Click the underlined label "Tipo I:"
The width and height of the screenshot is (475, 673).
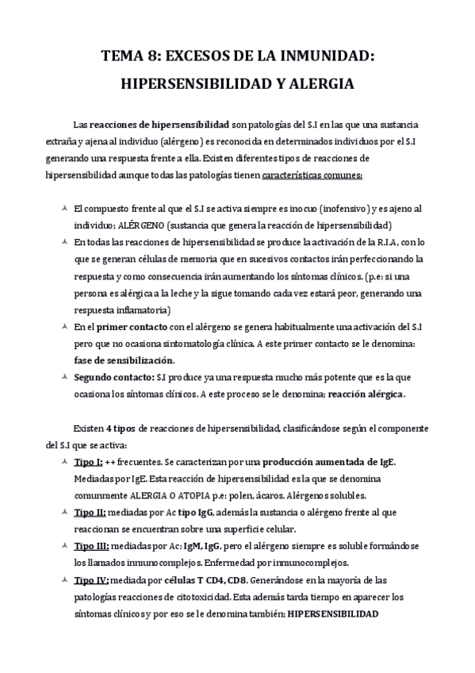tap(87, 463)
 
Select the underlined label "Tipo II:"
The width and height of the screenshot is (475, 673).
tap(90, 513)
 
